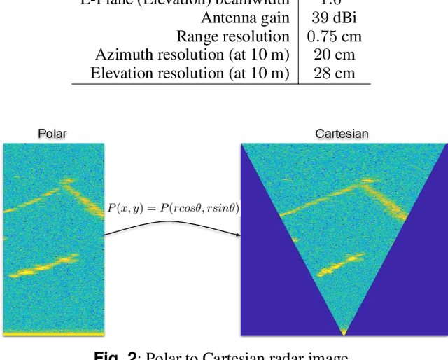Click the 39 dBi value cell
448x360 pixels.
tap(334, 18)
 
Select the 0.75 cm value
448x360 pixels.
tap(334, 36)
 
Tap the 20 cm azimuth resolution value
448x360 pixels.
tap(334, 54)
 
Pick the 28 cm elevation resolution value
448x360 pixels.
tap(334, 72)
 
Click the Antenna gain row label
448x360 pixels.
tap(245, 18)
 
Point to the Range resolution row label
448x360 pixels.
tap(232, 36)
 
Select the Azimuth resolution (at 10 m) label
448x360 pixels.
tap(192, 54)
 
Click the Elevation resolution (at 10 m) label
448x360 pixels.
tap(190, 72)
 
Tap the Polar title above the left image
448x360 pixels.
tap(52, 134)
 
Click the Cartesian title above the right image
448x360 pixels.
tap(342, 134)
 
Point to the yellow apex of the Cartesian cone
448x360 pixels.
tap(343, 330)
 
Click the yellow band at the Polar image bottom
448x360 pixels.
tap(53, 333)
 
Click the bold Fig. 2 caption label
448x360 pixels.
tap(113, 356)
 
